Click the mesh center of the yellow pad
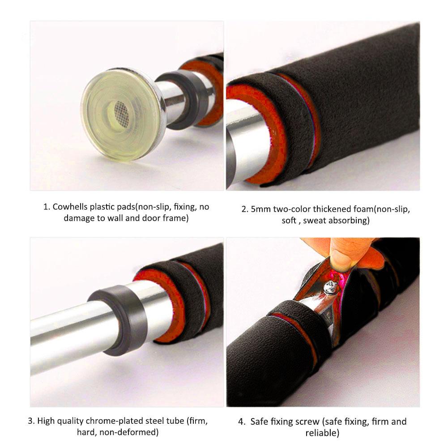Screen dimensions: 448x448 pos(121,111)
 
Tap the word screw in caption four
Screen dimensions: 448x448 pos(306,422)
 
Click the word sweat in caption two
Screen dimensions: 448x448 pos(315,221)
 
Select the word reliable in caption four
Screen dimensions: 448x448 pos(322,433)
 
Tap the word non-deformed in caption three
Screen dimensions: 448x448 pos(128,432)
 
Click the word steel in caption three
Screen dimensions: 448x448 pos(155,421)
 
